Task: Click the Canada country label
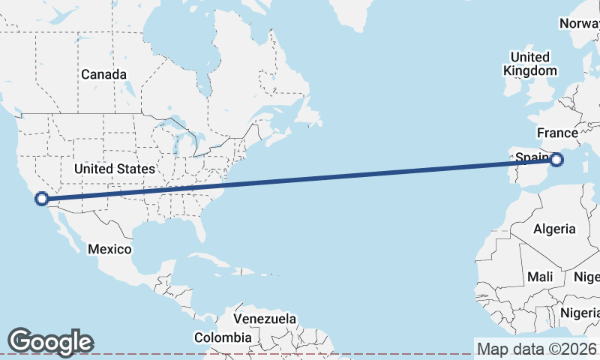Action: [x=103, y=74]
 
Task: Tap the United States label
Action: [x=115, y=169]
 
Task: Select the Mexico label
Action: [x=109, y=249]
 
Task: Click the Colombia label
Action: [x=223, y=338]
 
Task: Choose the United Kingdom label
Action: [x=530, y=64]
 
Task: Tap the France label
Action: [x=557, y=133]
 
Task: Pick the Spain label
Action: [x=532, y=157]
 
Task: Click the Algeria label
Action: [x=553, y=229]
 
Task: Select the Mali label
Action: [x=540, y=277]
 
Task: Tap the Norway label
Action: [x=579, y=23]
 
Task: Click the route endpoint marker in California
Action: [x=42, y=199]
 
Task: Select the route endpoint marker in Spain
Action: [x=556, y=159]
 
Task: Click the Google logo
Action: [x=50, y=341]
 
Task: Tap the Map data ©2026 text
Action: [x=537, y=349]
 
